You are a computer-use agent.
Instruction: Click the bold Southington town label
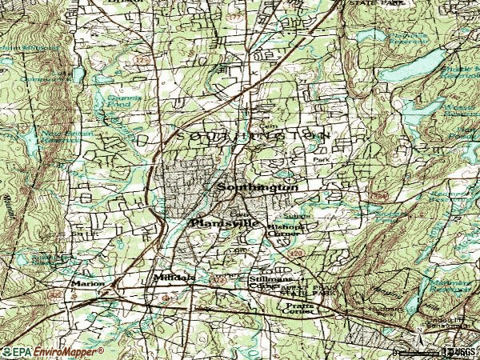(x=257, y=187)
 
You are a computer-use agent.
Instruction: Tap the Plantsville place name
(x=224, y=224)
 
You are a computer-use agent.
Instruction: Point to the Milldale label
(x=174, y=278)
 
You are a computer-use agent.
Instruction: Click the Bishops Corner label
(x=286, y=230)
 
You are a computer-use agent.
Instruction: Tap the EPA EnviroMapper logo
(x=52, y=352)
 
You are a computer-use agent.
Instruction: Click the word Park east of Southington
(x=321, y=160)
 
